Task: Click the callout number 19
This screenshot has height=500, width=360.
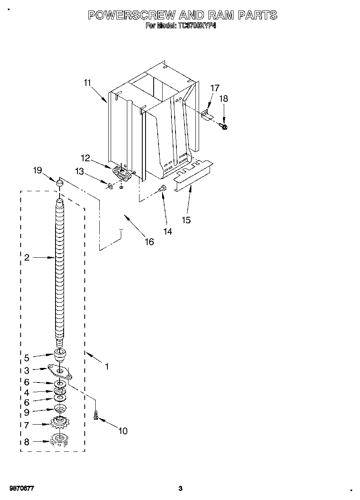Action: (37, 171)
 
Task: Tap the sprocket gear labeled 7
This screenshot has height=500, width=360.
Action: (60, 424)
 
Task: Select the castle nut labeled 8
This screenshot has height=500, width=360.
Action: (59, 440)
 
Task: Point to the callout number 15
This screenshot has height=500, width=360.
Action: (186, 220)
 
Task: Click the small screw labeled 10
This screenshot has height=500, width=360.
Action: (96, 415)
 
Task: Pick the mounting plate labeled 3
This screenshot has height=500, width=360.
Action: (60, 371)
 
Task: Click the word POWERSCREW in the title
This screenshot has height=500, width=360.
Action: (132, 15)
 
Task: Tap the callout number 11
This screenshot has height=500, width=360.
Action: (87, 83)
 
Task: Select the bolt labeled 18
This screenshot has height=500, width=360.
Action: (224, 127)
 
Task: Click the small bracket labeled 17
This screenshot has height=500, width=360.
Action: (207, 115)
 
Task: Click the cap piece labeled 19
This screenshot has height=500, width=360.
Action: (60, 184)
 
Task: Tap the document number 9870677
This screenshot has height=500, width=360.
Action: (20, 488)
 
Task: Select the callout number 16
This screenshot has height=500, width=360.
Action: (149, 241)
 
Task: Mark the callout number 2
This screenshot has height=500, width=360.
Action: (27, 257)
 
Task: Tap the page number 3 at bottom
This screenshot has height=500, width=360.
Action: (180, 488)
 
